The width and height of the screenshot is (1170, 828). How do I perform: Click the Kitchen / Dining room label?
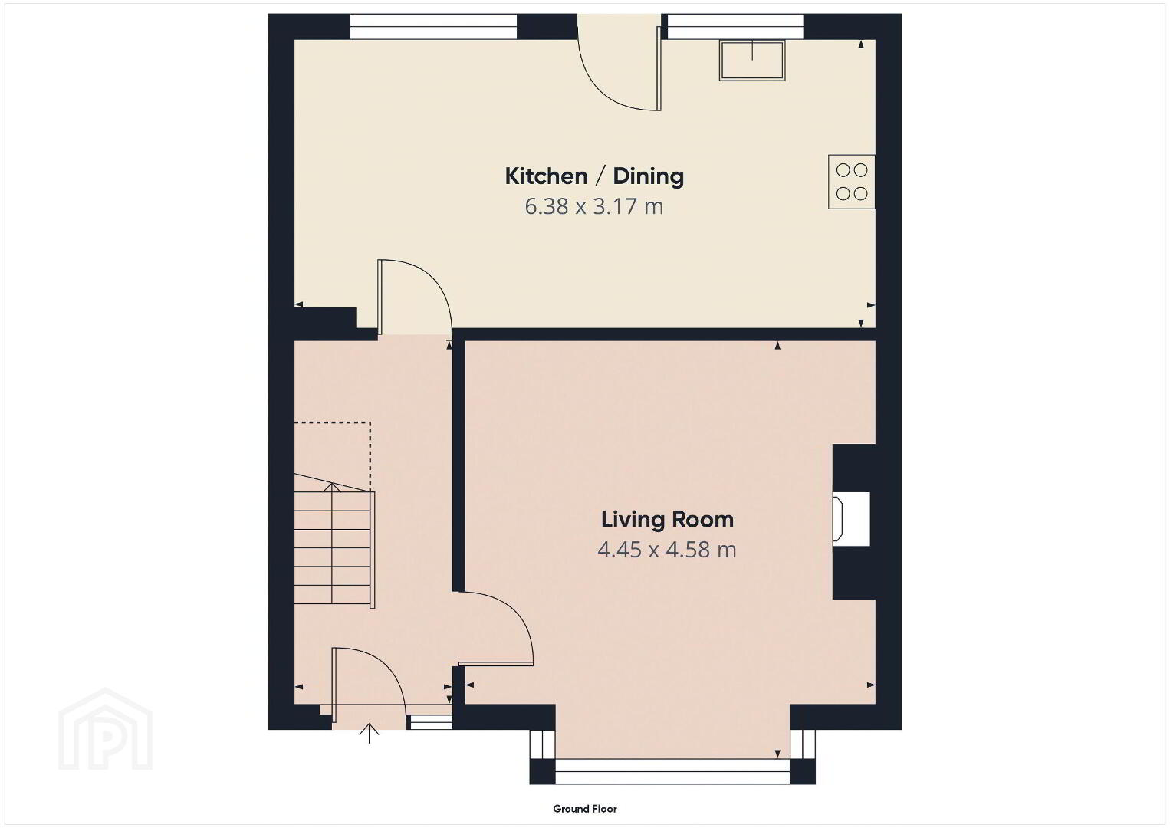[x=594, y=176]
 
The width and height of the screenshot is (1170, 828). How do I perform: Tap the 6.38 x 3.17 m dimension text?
[x=594, y=207]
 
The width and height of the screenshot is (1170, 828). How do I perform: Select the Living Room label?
[x=667, y=520]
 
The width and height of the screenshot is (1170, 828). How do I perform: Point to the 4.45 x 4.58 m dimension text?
[x=667, y=550]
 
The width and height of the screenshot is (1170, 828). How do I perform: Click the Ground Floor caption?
[x=585, y=809]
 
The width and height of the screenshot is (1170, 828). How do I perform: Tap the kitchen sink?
[x=752, y=60]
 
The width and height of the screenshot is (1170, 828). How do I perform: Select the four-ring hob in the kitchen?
[x=851, y=182]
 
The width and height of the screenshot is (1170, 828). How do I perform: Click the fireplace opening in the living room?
[x=851, y=519]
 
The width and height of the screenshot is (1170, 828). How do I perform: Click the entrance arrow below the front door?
[x=370, y=733]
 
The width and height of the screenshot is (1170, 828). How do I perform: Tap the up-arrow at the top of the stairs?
[x=332, y=488]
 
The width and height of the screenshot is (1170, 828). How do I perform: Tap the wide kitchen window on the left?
[x=433, y=26]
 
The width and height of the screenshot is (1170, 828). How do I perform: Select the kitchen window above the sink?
[x=735, y=26]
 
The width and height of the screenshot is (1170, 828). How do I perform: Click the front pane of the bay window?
[x=672, y=771]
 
